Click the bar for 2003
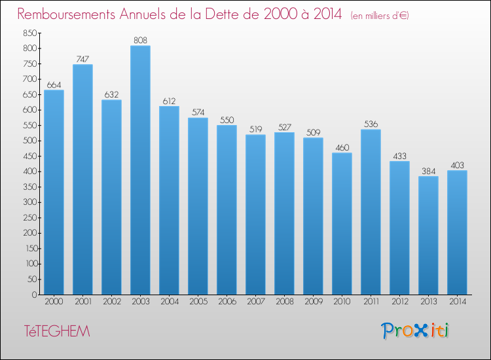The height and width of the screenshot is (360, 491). (x=140, y=170)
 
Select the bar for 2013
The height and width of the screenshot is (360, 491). (x=428, y=236)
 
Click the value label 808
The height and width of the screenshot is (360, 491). (x=140, y=40)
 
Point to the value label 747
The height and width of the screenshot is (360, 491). (x=82, y=59)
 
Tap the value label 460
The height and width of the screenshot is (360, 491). (x=342, y=147)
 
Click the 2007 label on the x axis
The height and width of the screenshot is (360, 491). (x=255, y=302)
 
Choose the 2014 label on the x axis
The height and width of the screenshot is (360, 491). (x=457, y=302)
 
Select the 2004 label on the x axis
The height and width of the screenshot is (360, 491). (x=169, y=302)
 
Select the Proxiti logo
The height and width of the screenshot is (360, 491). (x=415, y=331)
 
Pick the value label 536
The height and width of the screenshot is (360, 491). (x=371, y=124)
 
